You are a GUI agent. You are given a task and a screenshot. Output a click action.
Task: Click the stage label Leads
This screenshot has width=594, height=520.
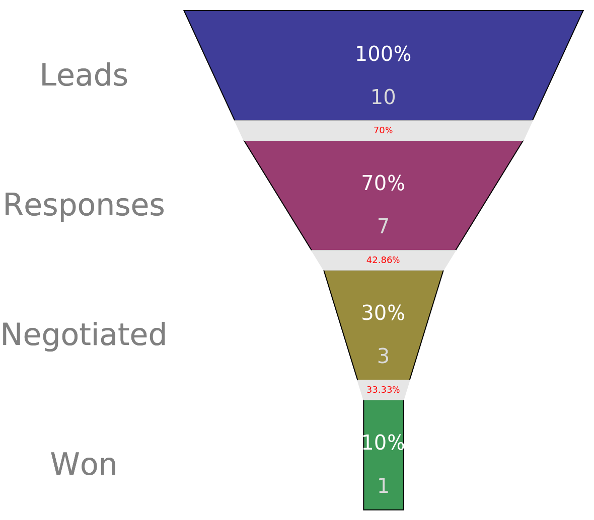84,76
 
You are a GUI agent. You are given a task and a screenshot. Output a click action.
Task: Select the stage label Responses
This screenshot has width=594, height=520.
84,206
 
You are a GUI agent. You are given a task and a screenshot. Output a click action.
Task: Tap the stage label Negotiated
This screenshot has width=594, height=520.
84,335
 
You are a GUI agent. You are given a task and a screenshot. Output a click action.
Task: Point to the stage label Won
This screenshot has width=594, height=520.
84,465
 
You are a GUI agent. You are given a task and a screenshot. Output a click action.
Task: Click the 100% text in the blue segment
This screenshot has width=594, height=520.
383,54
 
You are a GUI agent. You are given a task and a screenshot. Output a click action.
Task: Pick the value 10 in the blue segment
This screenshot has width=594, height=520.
383,98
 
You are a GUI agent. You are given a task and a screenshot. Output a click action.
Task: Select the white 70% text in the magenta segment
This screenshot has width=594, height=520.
383,184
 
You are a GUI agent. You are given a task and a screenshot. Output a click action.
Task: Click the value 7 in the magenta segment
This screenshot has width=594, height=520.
383,227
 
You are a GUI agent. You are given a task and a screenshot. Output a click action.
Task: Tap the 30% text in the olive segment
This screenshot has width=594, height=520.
383,314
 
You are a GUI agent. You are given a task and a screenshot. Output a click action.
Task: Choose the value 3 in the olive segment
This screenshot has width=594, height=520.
383,357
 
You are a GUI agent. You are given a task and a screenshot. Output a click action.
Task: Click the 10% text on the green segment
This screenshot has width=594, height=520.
383,444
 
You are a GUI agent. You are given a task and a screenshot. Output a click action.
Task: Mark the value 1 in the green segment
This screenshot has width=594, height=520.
383,486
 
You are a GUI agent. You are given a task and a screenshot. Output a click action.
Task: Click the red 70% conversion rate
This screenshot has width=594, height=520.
383,131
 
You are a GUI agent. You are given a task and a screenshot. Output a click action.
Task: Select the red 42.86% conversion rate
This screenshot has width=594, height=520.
383,261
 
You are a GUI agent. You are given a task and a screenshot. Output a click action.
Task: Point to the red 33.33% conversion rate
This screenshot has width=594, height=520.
383,390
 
